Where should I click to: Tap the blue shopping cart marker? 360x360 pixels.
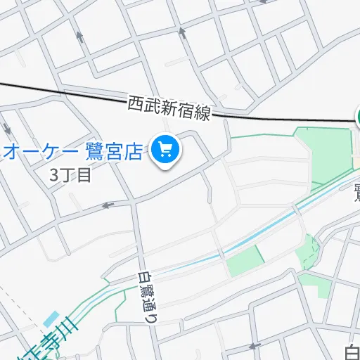point(167,149)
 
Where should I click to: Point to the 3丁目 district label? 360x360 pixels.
point(70,175)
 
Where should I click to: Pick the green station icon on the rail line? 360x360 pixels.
point(357,116)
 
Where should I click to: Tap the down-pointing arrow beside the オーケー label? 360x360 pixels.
point(8,130)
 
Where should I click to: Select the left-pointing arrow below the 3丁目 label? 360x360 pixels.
point(108,205)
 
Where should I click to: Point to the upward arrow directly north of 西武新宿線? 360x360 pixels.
point(181,32)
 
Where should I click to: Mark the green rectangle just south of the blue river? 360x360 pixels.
point(245,262)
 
